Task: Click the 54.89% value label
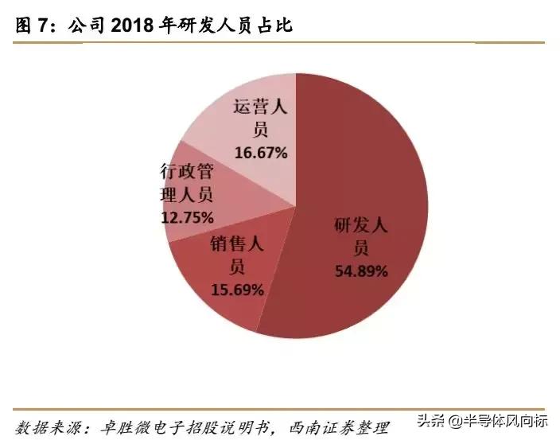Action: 360,271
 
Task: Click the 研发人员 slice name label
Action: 360,236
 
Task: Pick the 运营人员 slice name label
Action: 259,117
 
